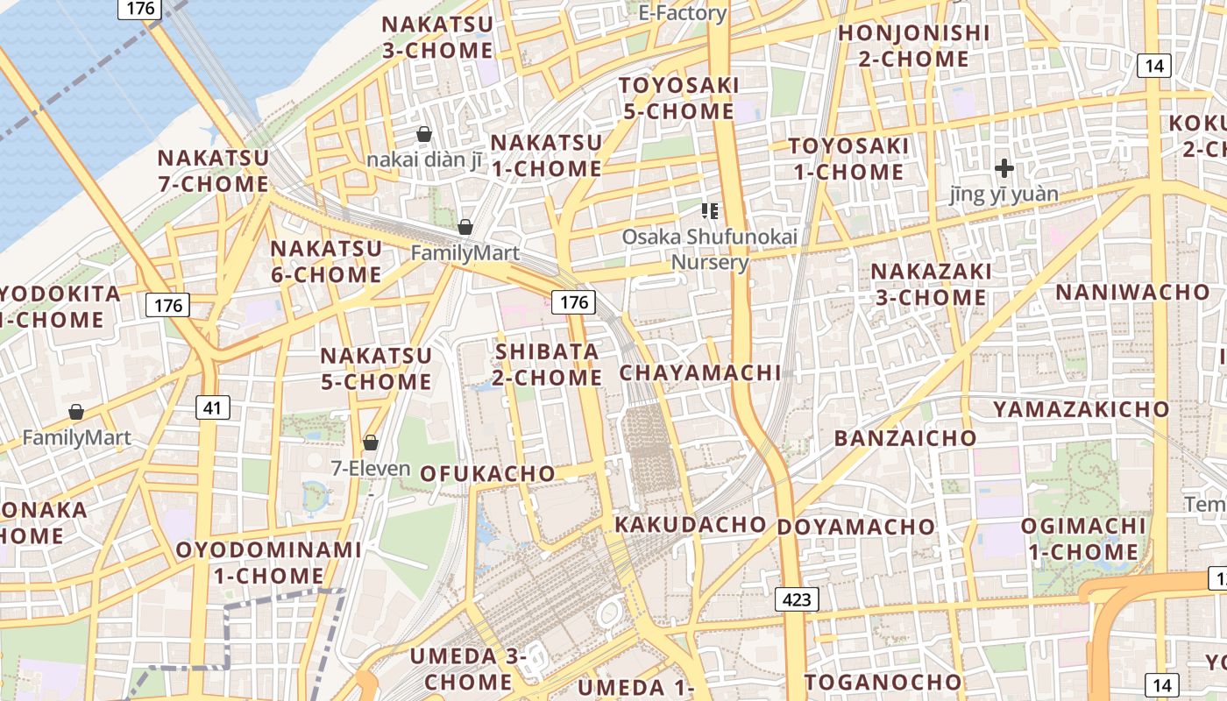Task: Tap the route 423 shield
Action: (797, 599)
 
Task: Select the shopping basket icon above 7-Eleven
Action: (371, 443)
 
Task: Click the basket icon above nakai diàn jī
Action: (424, 134)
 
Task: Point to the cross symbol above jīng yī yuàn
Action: (1004, 167)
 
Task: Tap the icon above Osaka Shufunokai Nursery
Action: (710, 210)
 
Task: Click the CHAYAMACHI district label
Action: (700, 372)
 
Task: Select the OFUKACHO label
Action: (487, 473)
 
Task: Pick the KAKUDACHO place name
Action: (691, 524)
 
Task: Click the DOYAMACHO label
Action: (856, 527)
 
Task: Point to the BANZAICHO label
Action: (905, 438)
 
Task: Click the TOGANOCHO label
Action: (883, 682)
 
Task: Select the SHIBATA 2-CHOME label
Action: (548, 365)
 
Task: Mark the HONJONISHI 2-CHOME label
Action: (914, 46)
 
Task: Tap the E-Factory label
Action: (682, 13)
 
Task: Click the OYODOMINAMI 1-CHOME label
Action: (269, 563)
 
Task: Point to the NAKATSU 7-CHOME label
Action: (213, 171)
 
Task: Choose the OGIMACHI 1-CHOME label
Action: (1083, 539)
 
